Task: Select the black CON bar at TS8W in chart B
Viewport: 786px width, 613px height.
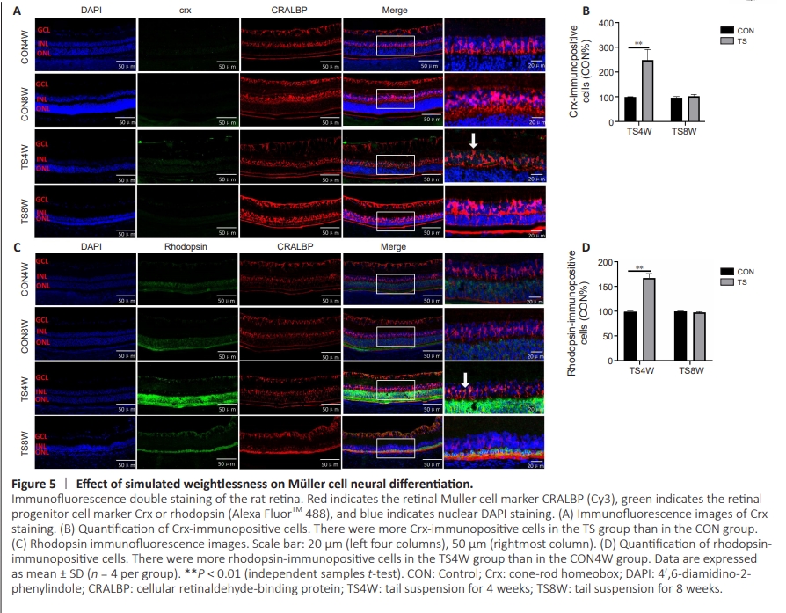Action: (676, 111)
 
